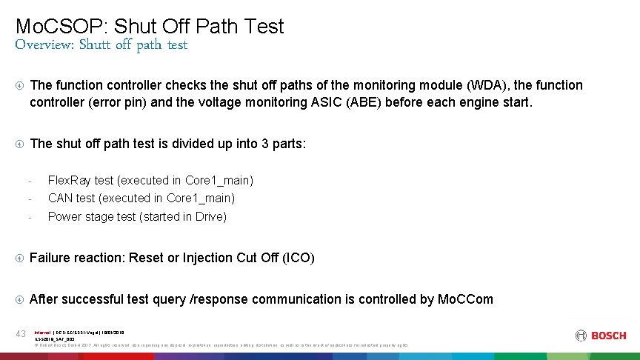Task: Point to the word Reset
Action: (146, 258)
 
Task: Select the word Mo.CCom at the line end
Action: (464, 299)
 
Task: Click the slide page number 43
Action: (21, 334)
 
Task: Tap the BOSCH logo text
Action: (608, 336)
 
